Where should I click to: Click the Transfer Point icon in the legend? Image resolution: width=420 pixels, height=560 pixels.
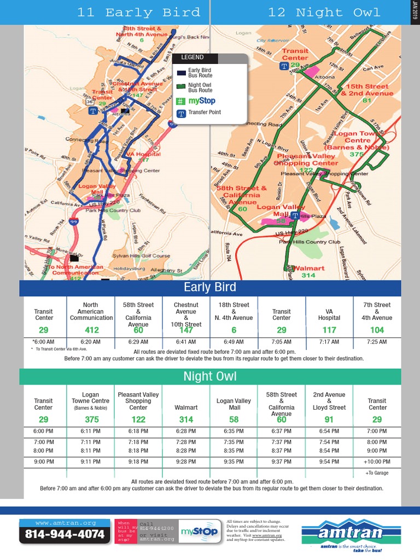point(181,113)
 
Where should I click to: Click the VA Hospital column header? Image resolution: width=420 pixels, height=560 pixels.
point(329,314)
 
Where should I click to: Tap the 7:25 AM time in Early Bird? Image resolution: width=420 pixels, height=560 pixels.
point(377,342)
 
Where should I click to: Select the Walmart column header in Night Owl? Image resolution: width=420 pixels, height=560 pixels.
point(186,407)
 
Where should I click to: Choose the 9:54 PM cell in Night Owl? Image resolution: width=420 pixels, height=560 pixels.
point(329,462)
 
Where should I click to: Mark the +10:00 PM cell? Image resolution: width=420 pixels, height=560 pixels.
point(377,462)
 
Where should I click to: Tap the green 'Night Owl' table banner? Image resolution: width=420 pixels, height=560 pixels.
point(210,376)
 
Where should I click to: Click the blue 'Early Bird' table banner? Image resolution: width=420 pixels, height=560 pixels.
point(210,288)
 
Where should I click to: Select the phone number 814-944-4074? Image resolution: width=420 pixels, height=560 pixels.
point(65,534)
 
